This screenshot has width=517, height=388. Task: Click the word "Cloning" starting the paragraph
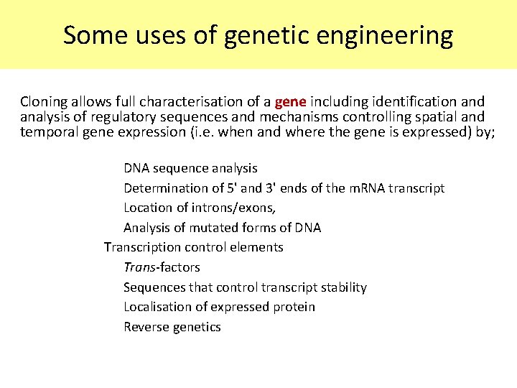coord(44,101)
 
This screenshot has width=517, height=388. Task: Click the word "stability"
coord(342,287)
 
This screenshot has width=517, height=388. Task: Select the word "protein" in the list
coord(294,307)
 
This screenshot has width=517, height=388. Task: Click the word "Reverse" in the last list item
coord(146,327)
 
